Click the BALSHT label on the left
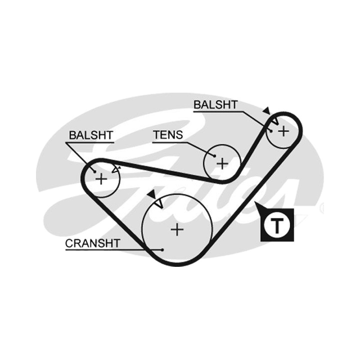(91, 135)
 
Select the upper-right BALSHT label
(216, 105)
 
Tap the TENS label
(168, 135)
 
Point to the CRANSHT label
(93, 243)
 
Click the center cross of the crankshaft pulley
(177, 229)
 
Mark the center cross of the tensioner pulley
(222, 164)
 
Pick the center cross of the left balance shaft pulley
(101, 179)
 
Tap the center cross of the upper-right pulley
(284, 131)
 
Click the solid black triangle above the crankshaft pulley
(152, 194)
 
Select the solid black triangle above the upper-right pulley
(266, 111)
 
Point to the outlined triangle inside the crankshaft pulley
(159, 203)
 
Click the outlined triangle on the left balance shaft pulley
(116, 170)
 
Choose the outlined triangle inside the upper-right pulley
(275, 121)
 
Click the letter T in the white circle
(277, 226)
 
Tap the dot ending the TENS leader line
(215, 156)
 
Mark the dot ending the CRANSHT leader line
(162, 250)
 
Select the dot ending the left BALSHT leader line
(94, 171)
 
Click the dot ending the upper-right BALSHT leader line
(271, 131)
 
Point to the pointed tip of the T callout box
(255, 202)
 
